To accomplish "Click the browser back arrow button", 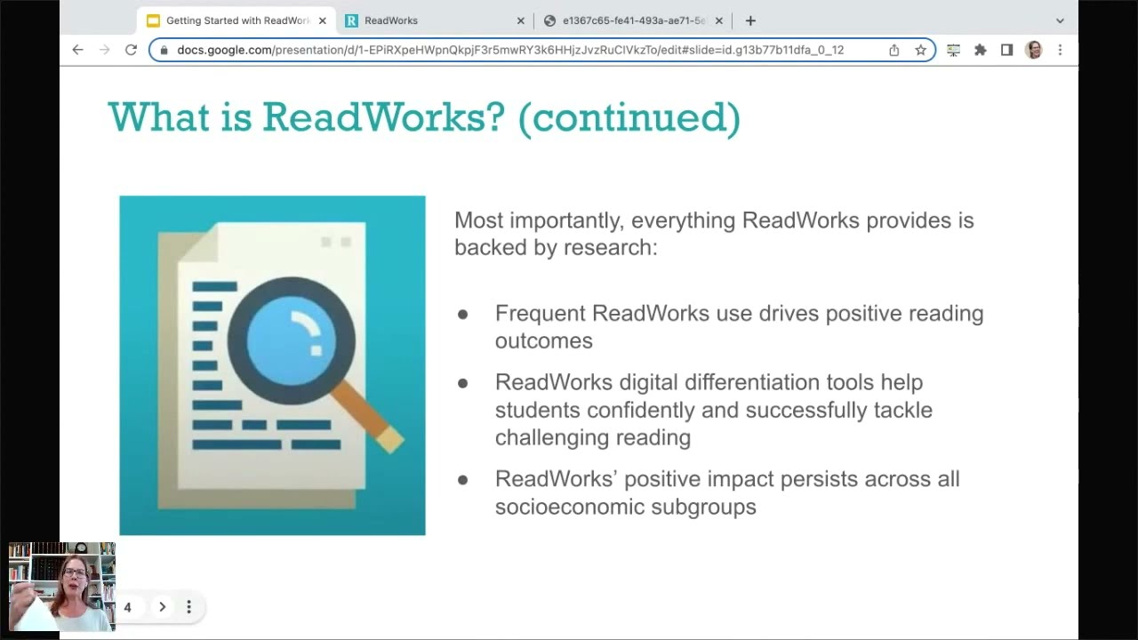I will [x=78, y=50].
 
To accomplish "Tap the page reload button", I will [x=131, y=50].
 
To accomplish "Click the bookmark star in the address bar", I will [x=921, y=50].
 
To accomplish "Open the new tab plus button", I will [x=750, y=20].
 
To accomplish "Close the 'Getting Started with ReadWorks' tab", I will [x=322, y=20].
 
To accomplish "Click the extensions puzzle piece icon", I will [x=980, y=50].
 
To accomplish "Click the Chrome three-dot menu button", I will [x=1060, y=50].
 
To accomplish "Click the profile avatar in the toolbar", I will [x=1033, y=50].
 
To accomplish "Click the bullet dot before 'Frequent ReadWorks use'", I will [x=462, y=314].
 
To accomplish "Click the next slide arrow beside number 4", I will [x=162, y=607].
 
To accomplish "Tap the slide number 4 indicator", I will [x=127, y=607].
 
